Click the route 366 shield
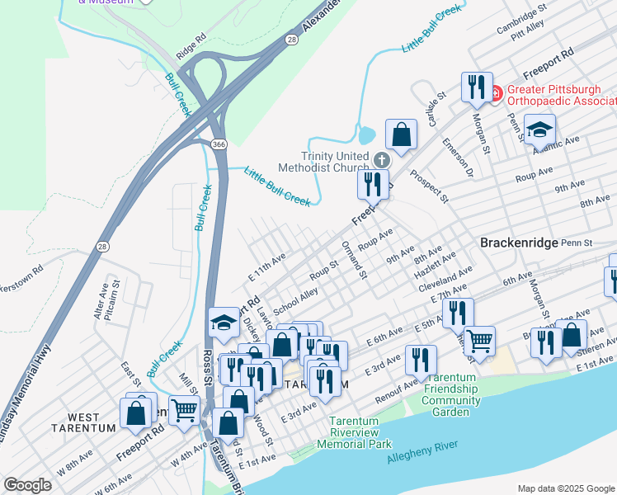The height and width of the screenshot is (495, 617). pyautogui.click(x=218, y=144)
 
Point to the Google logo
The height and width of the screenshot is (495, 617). pyautogui.click(x=27, y=485)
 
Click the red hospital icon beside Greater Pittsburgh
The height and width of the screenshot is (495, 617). pyautogui.click(x=496, y=93)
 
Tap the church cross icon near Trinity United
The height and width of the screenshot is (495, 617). pyautogui.click(x=381, y=160)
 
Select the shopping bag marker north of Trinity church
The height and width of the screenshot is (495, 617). pyautogui.click(x=401, y=135)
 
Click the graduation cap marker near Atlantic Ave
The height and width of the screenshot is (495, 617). pyautogui.click(x=540, y=130)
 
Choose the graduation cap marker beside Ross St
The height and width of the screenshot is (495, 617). pyautogui.click(x=224, y=323)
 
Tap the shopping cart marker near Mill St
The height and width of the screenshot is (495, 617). pyautogui.click(x=185, y=408)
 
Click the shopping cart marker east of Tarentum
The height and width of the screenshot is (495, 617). pyautogui.click(x=478, y=338)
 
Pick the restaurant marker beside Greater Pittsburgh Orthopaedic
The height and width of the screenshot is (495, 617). pyautogui.click(x=476, y=86)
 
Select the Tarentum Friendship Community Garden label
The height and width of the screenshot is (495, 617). pyautogui.click(x=451, y=399)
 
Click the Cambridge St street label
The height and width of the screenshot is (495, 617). pyautogui.click(x=521, y=17)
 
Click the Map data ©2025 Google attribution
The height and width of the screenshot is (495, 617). pyautogui.click(x=565, y=488)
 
